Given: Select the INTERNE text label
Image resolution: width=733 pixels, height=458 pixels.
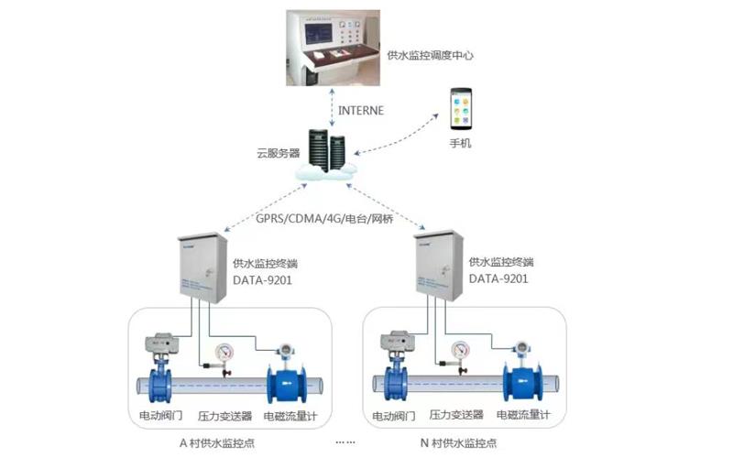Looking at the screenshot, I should coord(361,111).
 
